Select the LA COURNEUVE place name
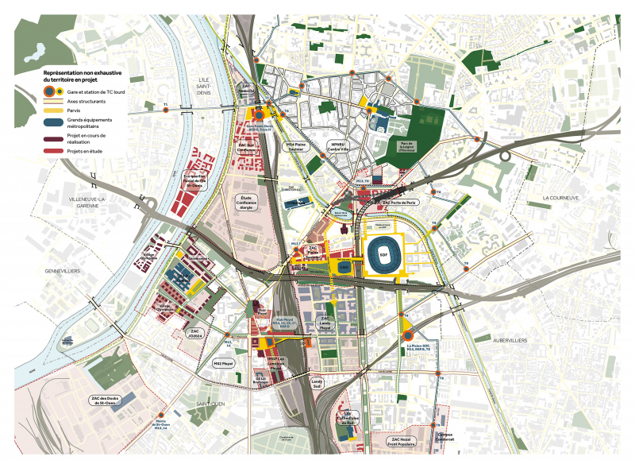pos(558,197)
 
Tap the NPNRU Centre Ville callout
pos(340,145)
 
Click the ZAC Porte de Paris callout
pos(399,203)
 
